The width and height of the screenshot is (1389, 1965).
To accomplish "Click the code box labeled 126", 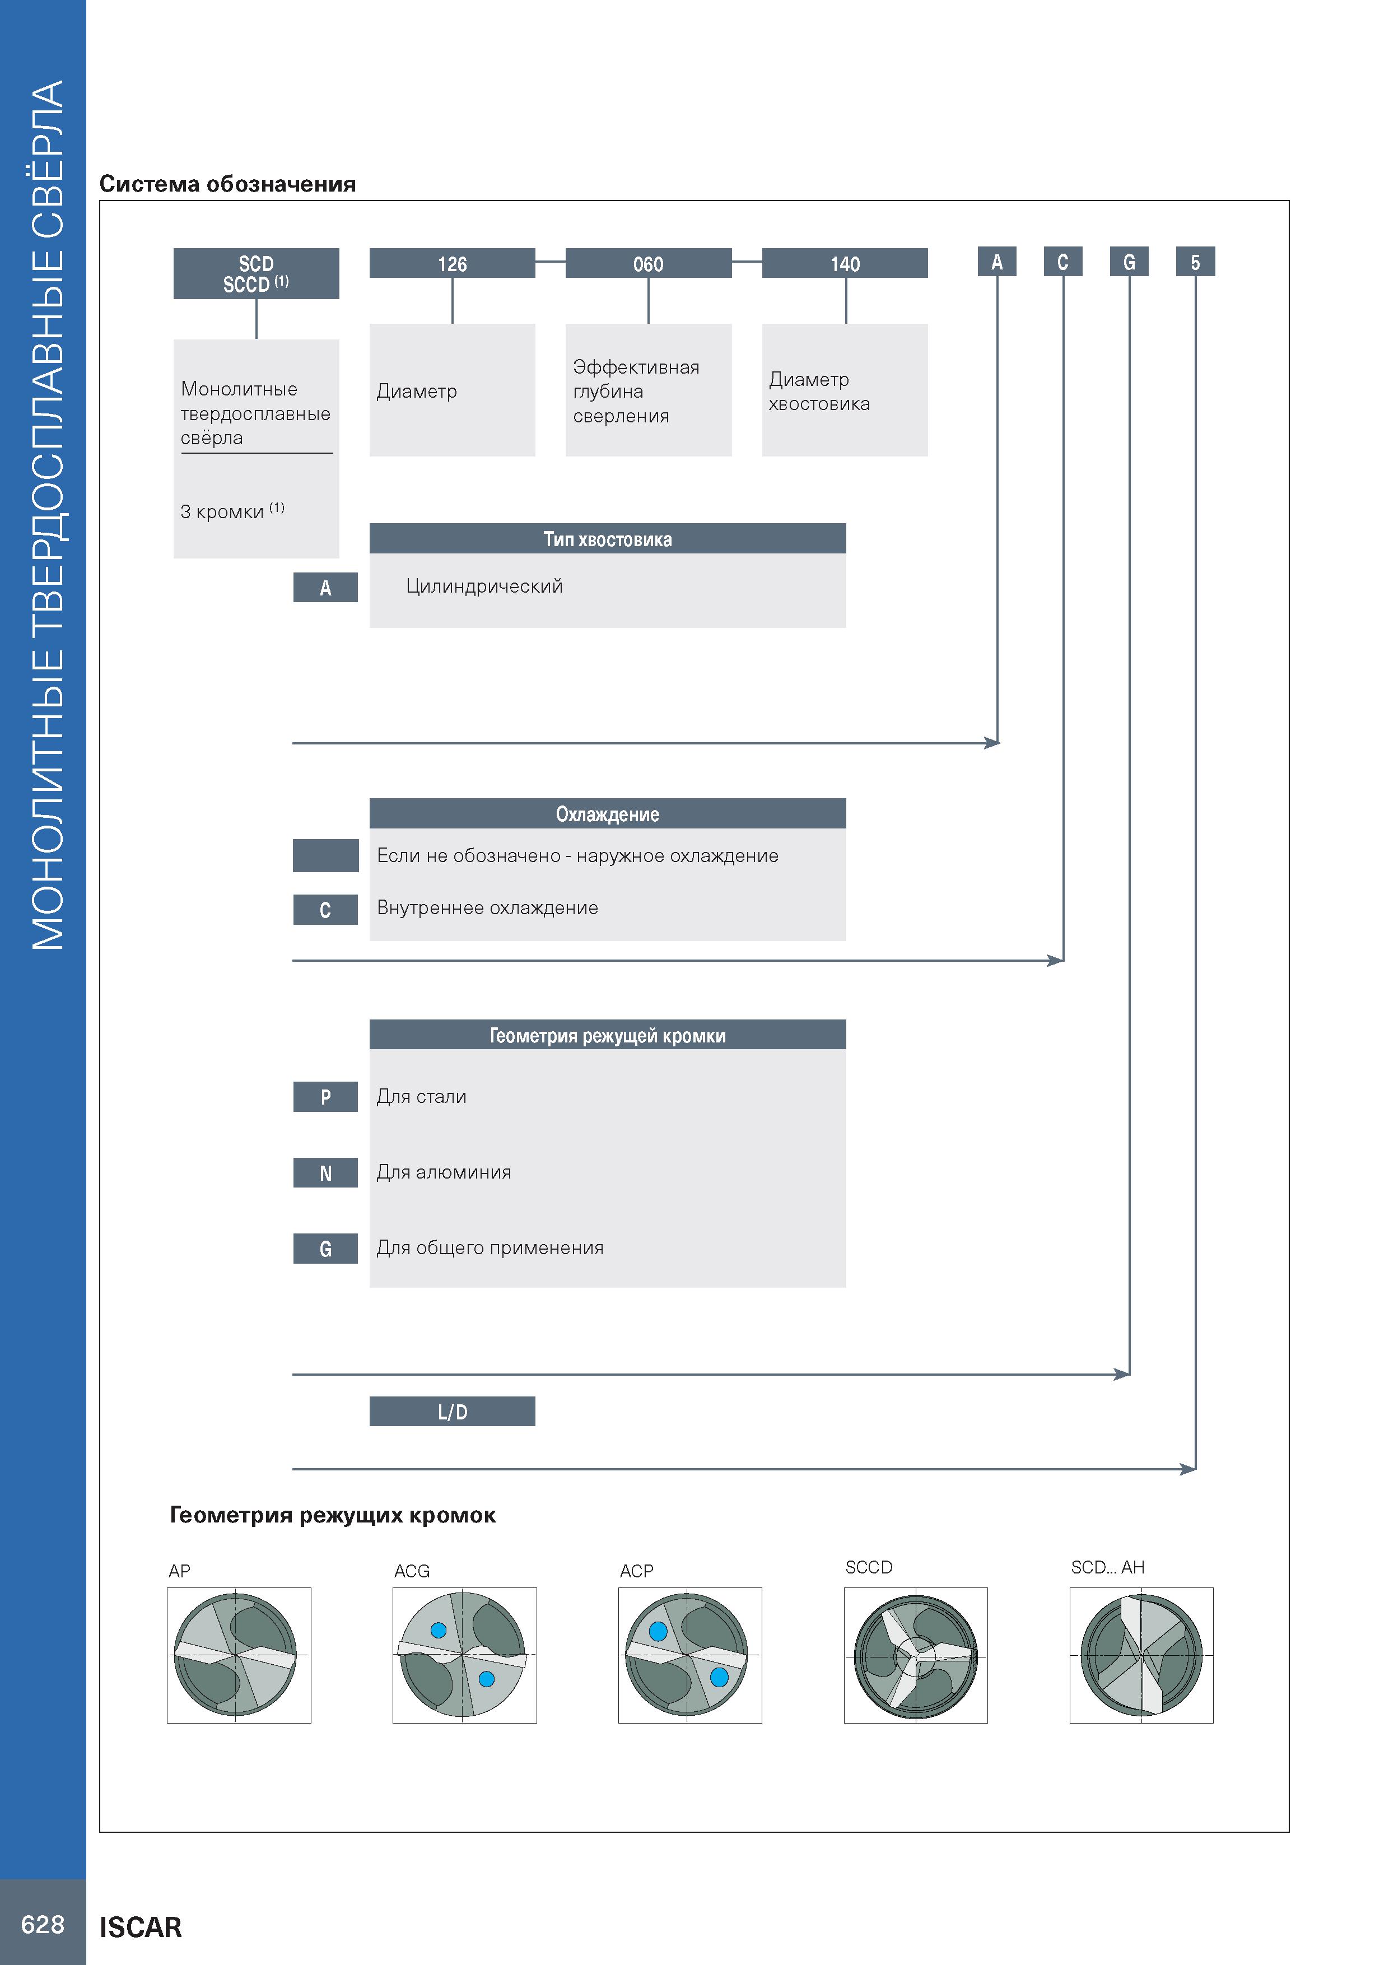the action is pyautogui.click(x=452, y=263).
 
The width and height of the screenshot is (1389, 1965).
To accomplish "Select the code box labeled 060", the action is pyautogui.click(x=648, y=263).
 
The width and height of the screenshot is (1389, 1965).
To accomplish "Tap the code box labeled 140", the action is pyautogui.click(x=845, y=263).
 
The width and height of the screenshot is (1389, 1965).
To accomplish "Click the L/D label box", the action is pyautogui.click(x=452, y=1411).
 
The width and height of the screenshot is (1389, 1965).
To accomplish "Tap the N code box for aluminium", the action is pyautogui.click(x=325, y=1172).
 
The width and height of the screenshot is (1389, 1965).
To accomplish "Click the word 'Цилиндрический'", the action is pyautogui.click(x=484, y=587).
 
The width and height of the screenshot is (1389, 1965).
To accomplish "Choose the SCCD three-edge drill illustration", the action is pyautogui.click(x=916, y=1655).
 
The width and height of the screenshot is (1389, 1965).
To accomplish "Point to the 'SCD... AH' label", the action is pyautogui.click(x=1107, y=1567).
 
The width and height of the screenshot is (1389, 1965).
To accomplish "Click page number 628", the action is pyautogui.click(x=43, y=1925).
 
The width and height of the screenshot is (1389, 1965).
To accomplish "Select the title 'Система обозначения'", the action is pyautogui.click(x=227, y=184).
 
